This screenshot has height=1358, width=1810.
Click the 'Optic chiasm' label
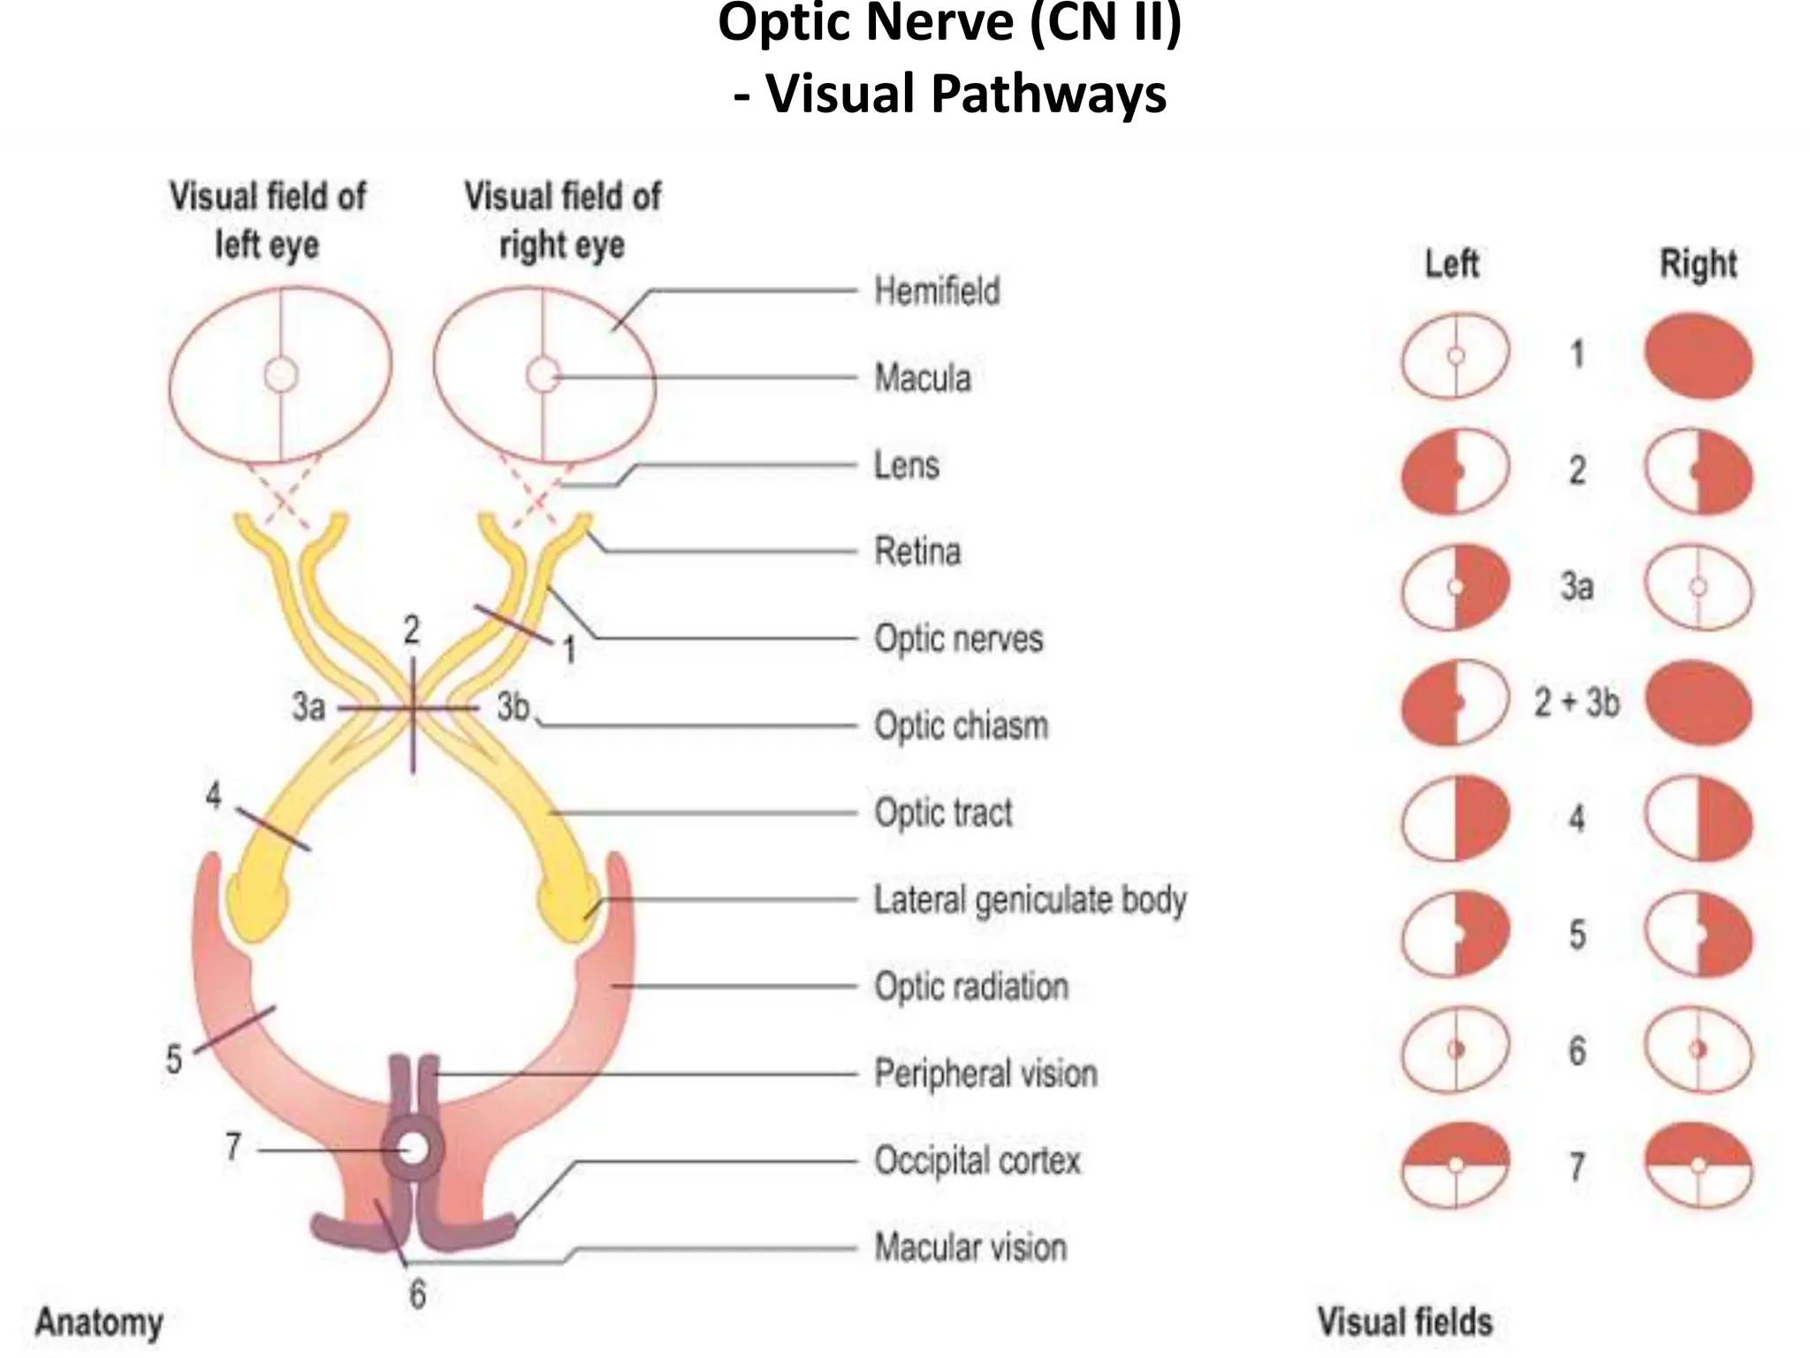[x=961, y=726]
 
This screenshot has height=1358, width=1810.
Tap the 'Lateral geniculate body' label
[x=1030, y=900]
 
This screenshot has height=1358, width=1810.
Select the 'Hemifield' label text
[x=937, y=291]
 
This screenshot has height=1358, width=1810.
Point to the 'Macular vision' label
[x=970, y=1247]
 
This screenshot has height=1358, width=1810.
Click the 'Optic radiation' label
[x=971, y=987]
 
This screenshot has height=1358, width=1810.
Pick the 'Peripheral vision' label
[x=985, y=1073]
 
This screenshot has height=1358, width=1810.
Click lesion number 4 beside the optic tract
[x=214, y=797]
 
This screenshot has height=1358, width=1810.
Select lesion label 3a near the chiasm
[x=308, y=707]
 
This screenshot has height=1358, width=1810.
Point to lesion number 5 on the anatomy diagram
[x=174, y=1059]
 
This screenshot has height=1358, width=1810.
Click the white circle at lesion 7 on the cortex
[x=413, y=1149]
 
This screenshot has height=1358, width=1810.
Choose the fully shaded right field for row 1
[x=1698, y=355]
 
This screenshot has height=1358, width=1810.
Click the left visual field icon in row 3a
[x=1455, y=587]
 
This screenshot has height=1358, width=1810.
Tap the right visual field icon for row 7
[x=1698, y=1165]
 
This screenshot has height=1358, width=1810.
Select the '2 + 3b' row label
[x=1577, y=703]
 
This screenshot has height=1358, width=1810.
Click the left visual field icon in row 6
[x=1455, y=1050]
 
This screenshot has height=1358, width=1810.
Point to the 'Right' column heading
[x=1698, y=263]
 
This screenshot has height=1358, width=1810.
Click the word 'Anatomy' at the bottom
[x=99, y=1324]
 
